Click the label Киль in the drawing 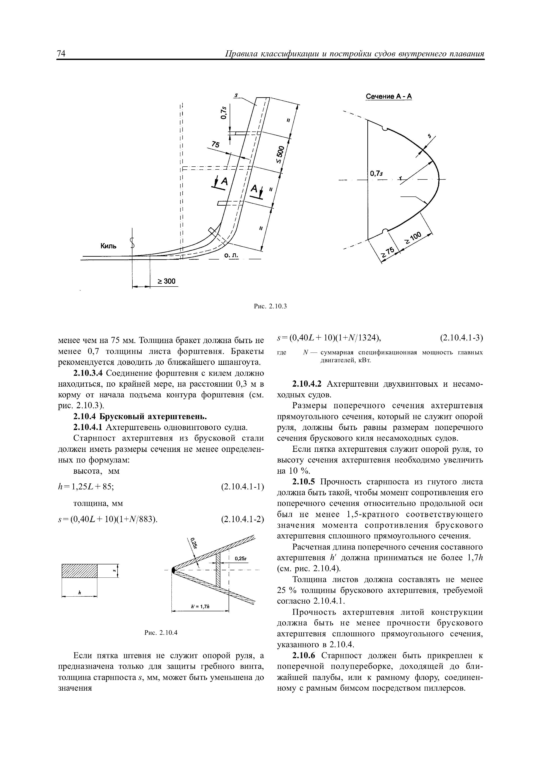click(x=109, y=246)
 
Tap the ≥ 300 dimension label click(x=166, y=281)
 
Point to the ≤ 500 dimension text click(x=279, y=154)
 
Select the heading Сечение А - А click(x=389, y=97)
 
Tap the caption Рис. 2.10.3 click(x=270, y=306)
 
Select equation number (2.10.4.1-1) click(x=242, y=487)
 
